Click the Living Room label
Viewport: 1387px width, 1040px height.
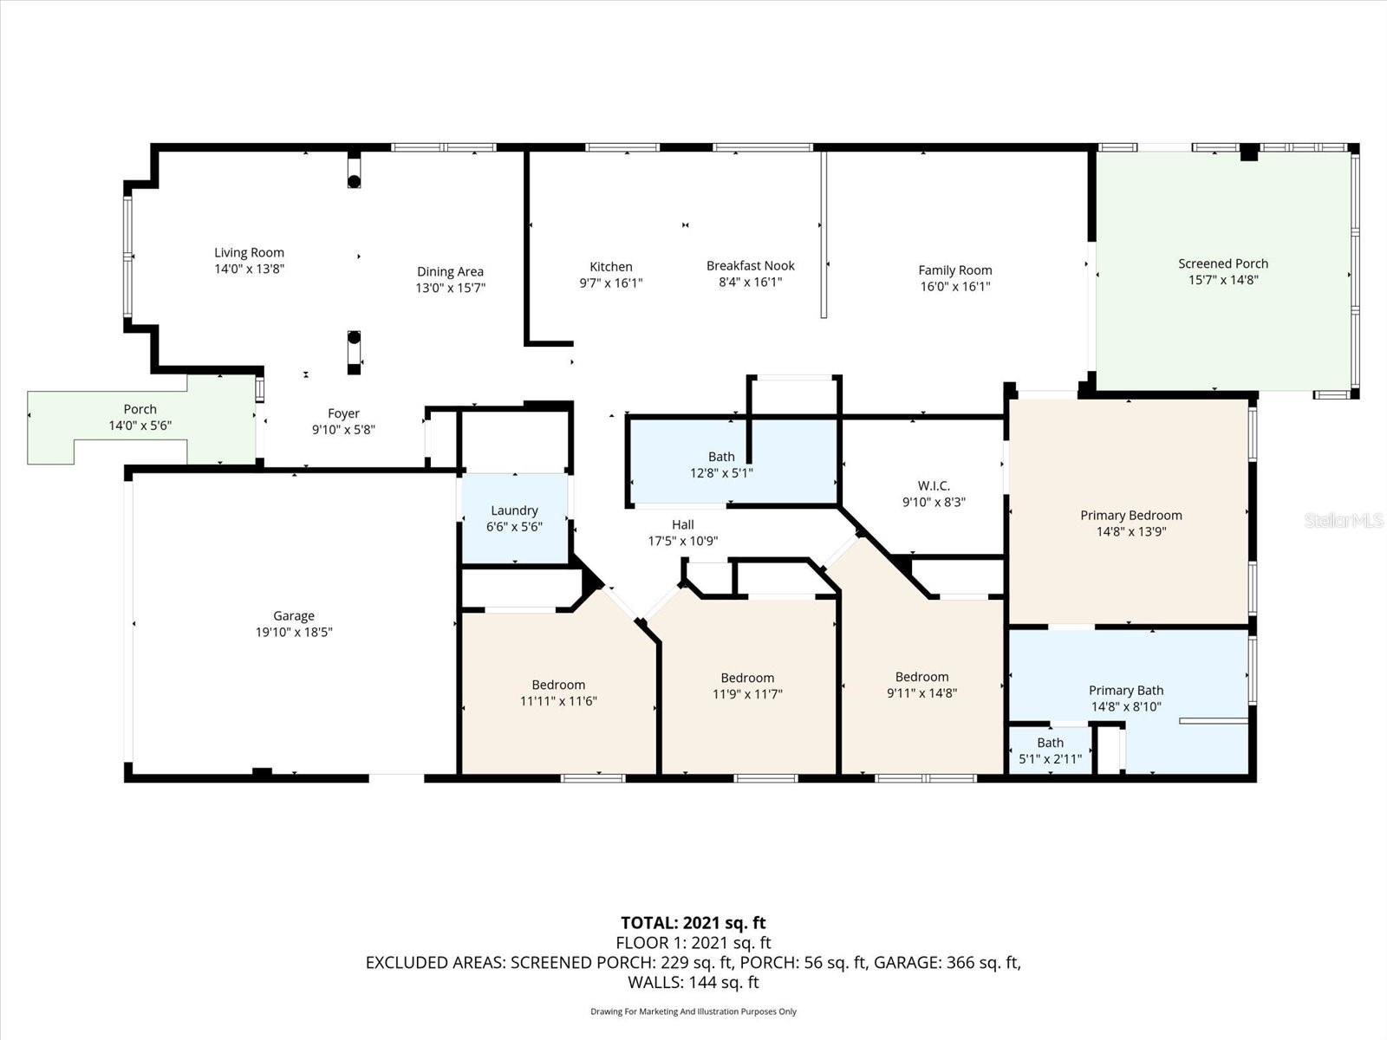(249, 253)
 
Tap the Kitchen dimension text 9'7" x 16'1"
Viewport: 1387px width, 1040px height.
(611, 283)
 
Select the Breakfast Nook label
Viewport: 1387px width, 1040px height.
(750, 266)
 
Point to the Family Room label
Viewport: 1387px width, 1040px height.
(954, 270)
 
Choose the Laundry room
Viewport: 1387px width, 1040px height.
(514, 518)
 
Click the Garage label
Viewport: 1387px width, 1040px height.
(294, 616)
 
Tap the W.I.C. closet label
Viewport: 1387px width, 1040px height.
(933, 486)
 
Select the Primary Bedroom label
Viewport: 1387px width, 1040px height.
(1130, 516)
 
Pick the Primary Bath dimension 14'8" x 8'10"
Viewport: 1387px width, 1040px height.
(1125, 706)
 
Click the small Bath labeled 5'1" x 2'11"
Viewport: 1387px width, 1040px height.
(1050, 751)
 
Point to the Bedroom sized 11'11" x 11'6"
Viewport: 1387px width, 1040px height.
(558, 693)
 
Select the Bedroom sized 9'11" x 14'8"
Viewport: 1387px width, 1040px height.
(921, 685)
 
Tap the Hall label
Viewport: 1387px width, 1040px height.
(682, 525)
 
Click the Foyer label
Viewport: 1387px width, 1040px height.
(343, 414)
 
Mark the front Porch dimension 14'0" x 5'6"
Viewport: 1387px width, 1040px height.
(140, 426)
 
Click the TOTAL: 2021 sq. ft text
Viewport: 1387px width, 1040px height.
(693, 923)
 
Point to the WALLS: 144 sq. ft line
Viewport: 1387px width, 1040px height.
(693, 982)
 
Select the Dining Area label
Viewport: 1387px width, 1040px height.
(450, 272)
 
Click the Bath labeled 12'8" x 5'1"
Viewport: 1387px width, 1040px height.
(721, 465)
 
